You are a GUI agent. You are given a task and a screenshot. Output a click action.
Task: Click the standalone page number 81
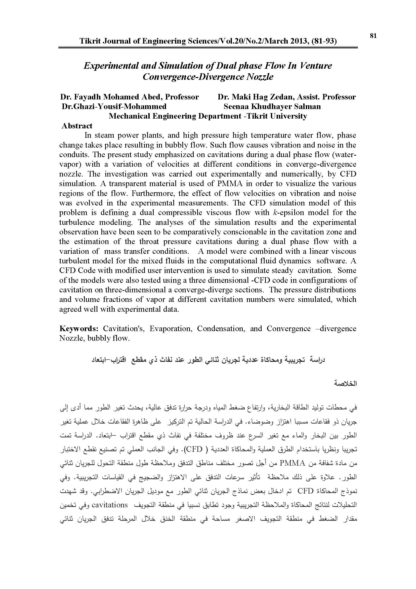(373, 36)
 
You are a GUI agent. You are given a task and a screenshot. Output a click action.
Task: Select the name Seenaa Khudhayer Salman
(272, 107)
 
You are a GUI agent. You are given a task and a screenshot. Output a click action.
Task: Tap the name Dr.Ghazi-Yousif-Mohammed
(114, 107)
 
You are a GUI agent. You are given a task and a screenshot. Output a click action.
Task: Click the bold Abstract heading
(77, 126)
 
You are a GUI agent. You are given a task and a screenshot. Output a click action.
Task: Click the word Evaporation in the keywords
(170, 329)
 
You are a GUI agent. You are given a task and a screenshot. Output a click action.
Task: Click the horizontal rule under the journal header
(208, 47)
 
